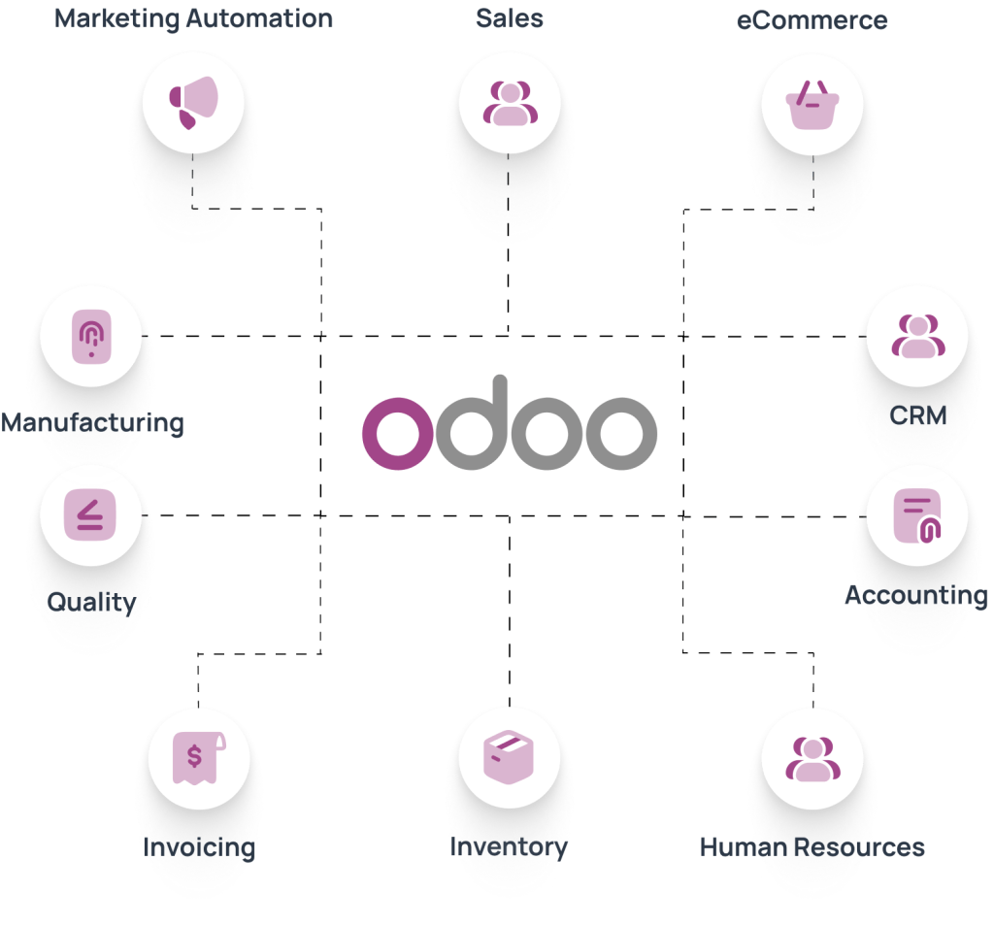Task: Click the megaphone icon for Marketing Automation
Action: pos(192,102)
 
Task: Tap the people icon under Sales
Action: pos(509,102)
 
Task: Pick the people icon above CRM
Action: pos(916,337)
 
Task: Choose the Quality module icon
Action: pos(90,513)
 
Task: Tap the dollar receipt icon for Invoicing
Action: pos(198,758)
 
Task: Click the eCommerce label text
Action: pos(812,19)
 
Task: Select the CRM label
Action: pos(917,416)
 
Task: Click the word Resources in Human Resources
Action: pos(857,847)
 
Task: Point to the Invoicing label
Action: pos(199,847)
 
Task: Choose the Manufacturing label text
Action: pos(91,423)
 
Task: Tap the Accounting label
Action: pos(916,595)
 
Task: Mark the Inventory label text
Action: pos(509,847)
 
